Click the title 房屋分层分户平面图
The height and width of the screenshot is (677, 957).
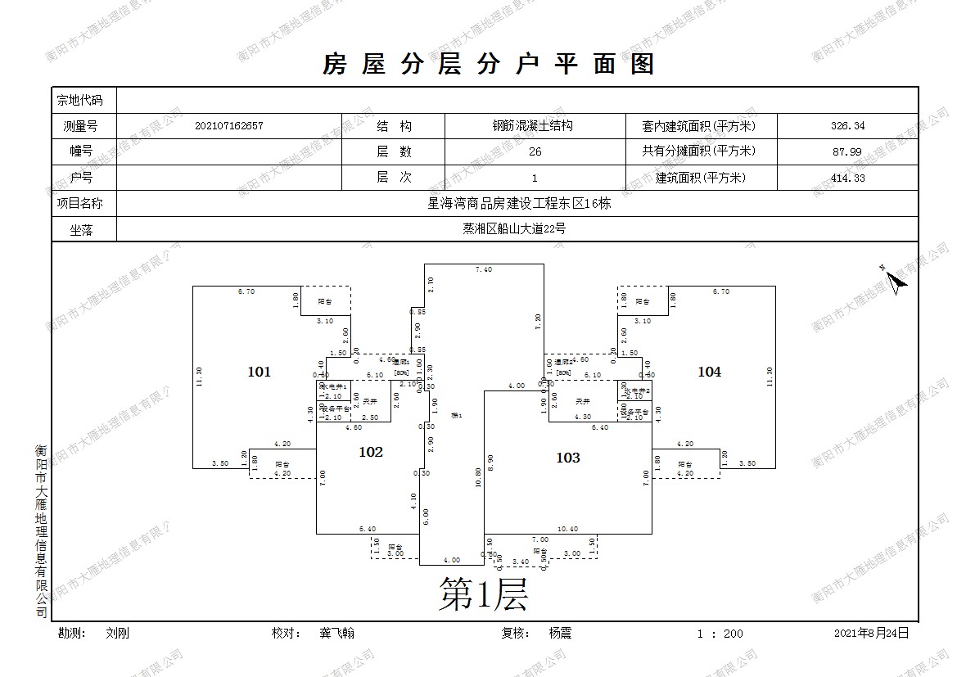click(x=489, y=64)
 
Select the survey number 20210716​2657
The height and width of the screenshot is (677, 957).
click(x=229, y=126)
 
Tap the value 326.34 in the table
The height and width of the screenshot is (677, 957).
click(x=847, y=126)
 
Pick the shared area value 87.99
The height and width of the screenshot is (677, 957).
click(x=847, y=151)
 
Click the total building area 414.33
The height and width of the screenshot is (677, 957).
click(x=847, y=178)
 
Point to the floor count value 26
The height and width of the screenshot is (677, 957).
click(x=535, y=151)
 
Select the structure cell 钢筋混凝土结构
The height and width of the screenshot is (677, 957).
click(x=532, y=126)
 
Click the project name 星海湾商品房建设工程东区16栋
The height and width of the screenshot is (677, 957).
click(x=520, y=203)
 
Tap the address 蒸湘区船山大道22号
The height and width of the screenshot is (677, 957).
click(x=514, y=229)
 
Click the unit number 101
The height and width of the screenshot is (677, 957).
click(x=259, y=372)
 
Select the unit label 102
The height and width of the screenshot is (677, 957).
click(x=371, y=451)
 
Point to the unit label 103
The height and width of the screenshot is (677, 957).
click(x=567, y=458)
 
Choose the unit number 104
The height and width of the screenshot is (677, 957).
click(x=709, y=372)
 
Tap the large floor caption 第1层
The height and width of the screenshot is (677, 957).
click(x=483, y=594)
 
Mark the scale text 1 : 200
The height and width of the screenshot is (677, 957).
click(x=720, y=634)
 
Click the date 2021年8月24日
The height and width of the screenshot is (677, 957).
click(x=871, y=633)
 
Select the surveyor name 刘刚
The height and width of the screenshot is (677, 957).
click(x=117, y=633)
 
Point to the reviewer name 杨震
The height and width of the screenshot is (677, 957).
click(x=560, y=633)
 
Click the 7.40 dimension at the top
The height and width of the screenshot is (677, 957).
click(x=484, y=269)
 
